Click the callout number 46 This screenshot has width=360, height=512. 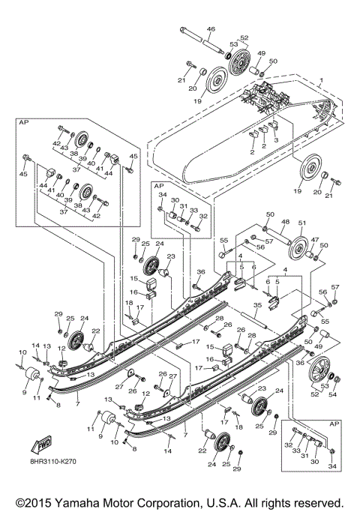pos(211,29)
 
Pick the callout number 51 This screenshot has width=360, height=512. pos(304,222)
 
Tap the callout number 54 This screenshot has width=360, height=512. pos(334,394)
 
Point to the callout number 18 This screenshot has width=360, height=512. pos(129,304)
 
